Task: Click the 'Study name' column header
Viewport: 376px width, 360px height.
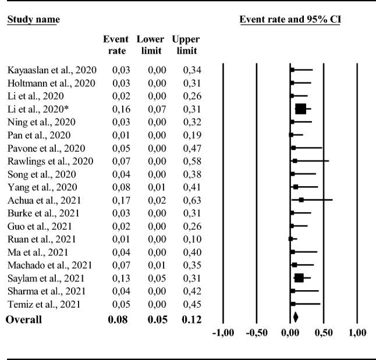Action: click(x=33, y=20)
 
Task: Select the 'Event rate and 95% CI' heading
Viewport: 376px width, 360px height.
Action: click(x=290, y=20)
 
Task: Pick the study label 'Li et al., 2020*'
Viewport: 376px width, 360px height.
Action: click(x=34, y=109)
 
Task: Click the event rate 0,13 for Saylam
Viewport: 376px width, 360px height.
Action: click(x=115, y=278)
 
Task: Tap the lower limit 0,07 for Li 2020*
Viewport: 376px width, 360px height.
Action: click(x=150, y=109)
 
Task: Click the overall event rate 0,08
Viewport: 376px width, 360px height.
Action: click(x=115, y=319)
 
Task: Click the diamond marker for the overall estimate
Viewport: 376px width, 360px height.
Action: click(x=296, y=318)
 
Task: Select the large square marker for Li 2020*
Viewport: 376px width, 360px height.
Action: click(x=300, y=109)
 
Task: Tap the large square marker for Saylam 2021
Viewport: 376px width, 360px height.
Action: click(x=299, y=278)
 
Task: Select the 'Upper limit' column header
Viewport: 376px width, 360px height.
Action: click(x=186, y=45)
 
